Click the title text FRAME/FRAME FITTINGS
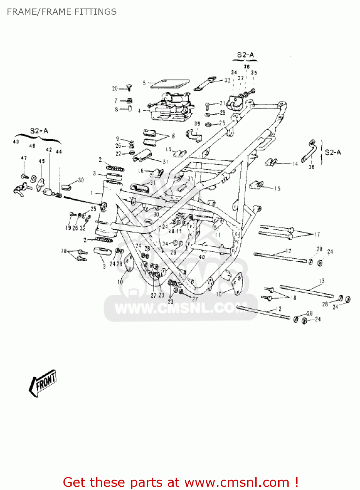[x=61, y=12]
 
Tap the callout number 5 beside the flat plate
[x=144, y=83]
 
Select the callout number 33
[x=227, y=80]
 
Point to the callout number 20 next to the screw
[x=115, y=89]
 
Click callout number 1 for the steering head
[x=92, y=193]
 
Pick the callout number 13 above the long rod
[x=322, y=281]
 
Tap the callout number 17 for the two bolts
[x=317, y=235]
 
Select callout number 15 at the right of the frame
[x=277, y=188]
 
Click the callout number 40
[x=202, y=257]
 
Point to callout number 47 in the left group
[x=24, y=158]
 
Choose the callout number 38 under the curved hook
[x=312, y=167]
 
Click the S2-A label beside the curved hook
[x=333, y=152]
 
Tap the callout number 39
[x=197, y=123]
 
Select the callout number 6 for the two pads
[x=173, y=136]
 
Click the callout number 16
[x=141, y=171]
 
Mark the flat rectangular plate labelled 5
[x=170, y=84]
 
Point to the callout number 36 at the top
[x=247, y=67]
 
